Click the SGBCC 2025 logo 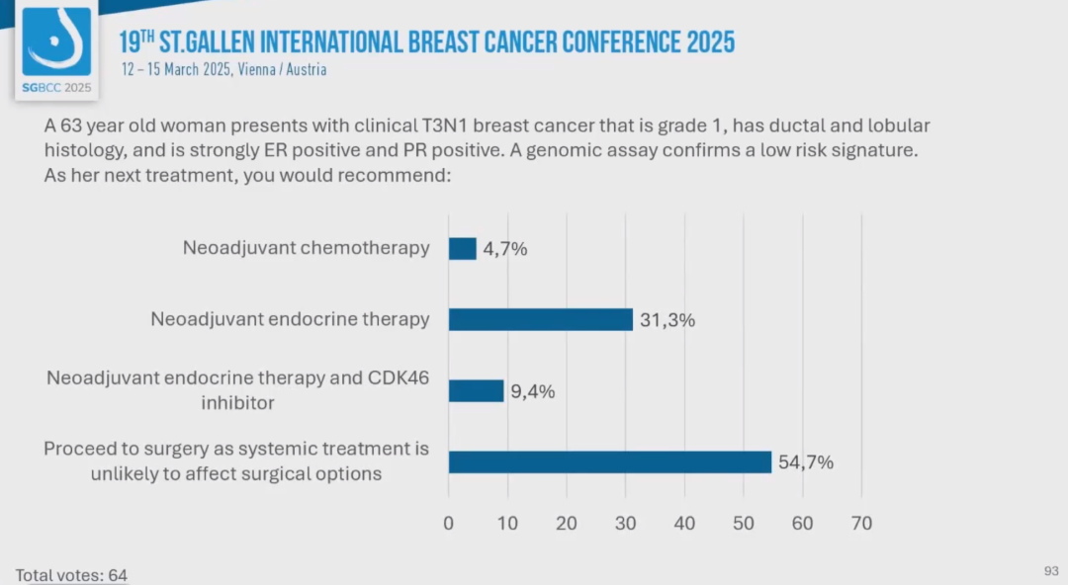(56, 51)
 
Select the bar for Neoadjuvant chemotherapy (462, 248)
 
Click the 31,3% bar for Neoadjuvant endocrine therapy (540, 319)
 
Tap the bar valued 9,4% (476, 390)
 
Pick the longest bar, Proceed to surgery (609, 461)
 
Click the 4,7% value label (504, 249)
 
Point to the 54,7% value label (805, 462)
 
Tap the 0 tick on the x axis (448, 524)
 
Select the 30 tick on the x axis (625, 524)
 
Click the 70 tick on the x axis (861, 524)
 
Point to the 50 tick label (744, 524)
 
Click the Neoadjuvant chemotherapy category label (306, 248)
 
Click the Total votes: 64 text (71, 574)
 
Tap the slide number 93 (1051, 571)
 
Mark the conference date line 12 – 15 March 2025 (223, 70)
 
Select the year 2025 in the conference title (708, 42)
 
